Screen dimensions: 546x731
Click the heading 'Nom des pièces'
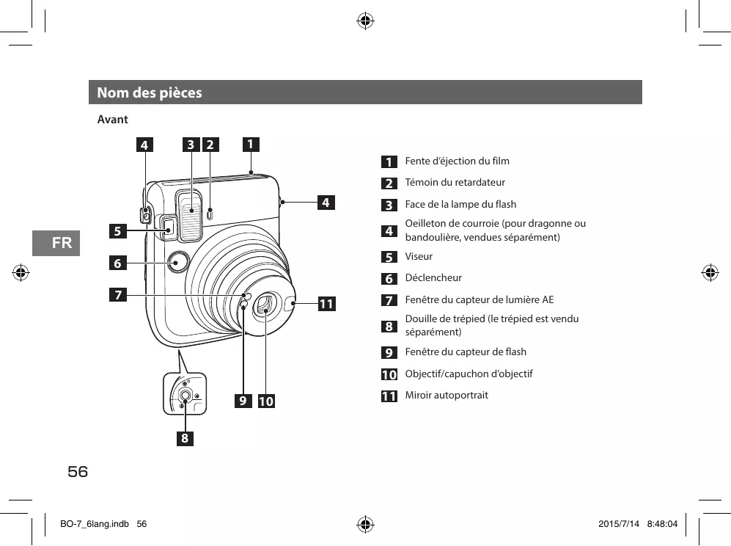(150, 93)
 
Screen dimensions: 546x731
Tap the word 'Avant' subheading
(113, 120)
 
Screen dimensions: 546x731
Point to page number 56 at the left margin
(78, 472)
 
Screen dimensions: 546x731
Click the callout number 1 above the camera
(251, 144)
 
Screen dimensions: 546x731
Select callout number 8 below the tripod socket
(185, 439)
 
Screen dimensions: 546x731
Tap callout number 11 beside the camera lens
(326, 303)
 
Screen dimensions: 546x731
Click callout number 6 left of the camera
(117, 262)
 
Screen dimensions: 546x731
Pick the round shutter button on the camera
(177, 261)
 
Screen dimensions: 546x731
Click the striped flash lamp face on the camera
(191, 212)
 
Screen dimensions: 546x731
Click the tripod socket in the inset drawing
(185, 397)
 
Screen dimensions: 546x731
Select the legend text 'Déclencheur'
(433, 278)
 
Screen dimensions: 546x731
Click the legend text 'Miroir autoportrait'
(447, 396)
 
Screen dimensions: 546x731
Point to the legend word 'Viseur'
(419, 256)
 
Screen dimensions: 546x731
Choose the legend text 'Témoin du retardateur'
(455, 182)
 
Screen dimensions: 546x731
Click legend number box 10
(389, 374)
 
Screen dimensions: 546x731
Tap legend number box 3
(389, 205)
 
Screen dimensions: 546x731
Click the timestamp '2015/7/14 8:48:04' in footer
(637, 524)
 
